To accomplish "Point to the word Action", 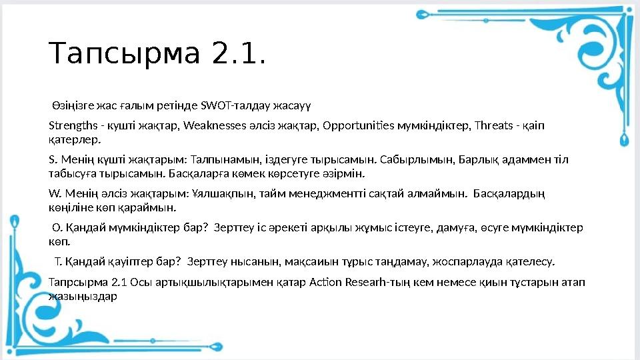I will click(x=326, y=281).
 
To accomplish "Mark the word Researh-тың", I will click(x=379, y=281).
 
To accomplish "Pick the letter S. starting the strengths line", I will click(x=53, y=160).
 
